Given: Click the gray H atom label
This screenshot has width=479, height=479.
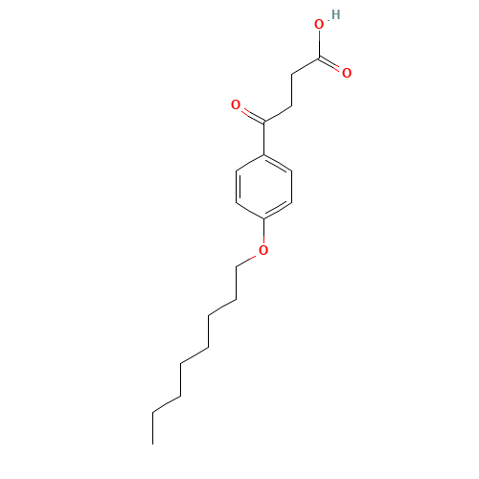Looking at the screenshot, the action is tap(335, 14).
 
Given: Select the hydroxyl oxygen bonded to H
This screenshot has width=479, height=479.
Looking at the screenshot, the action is tap(319, 25).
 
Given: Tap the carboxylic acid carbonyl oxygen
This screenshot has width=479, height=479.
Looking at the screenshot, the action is tap(347, 73).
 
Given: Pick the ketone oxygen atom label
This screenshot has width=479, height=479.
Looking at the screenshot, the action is tap(236, 104).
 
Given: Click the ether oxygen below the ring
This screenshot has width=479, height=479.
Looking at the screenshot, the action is tap(263, 250).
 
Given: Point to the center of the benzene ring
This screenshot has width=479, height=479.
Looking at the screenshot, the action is tap(263, 187).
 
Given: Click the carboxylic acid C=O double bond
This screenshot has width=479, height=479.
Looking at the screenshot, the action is tap(330, 63).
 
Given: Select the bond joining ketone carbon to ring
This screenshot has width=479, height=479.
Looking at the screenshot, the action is tap(263, 138).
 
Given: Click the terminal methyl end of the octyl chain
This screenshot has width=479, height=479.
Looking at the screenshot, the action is tap(152, 444).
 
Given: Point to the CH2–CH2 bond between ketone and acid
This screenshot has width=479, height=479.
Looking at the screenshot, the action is tap(291, 90).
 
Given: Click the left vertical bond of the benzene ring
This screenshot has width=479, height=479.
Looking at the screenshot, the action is tap(237, 187).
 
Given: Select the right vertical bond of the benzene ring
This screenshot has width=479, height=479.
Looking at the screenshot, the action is tap(291, 187).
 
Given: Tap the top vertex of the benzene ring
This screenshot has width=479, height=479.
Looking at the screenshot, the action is tap(263, 155).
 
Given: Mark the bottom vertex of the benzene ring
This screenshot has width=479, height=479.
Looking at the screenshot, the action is tap(263, 219).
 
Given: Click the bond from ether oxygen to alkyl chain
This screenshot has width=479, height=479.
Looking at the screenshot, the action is tap(246, 261).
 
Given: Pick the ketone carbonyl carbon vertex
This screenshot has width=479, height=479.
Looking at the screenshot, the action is tap(263, 122).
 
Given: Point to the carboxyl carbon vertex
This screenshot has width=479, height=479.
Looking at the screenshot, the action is tap(319, 58).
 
